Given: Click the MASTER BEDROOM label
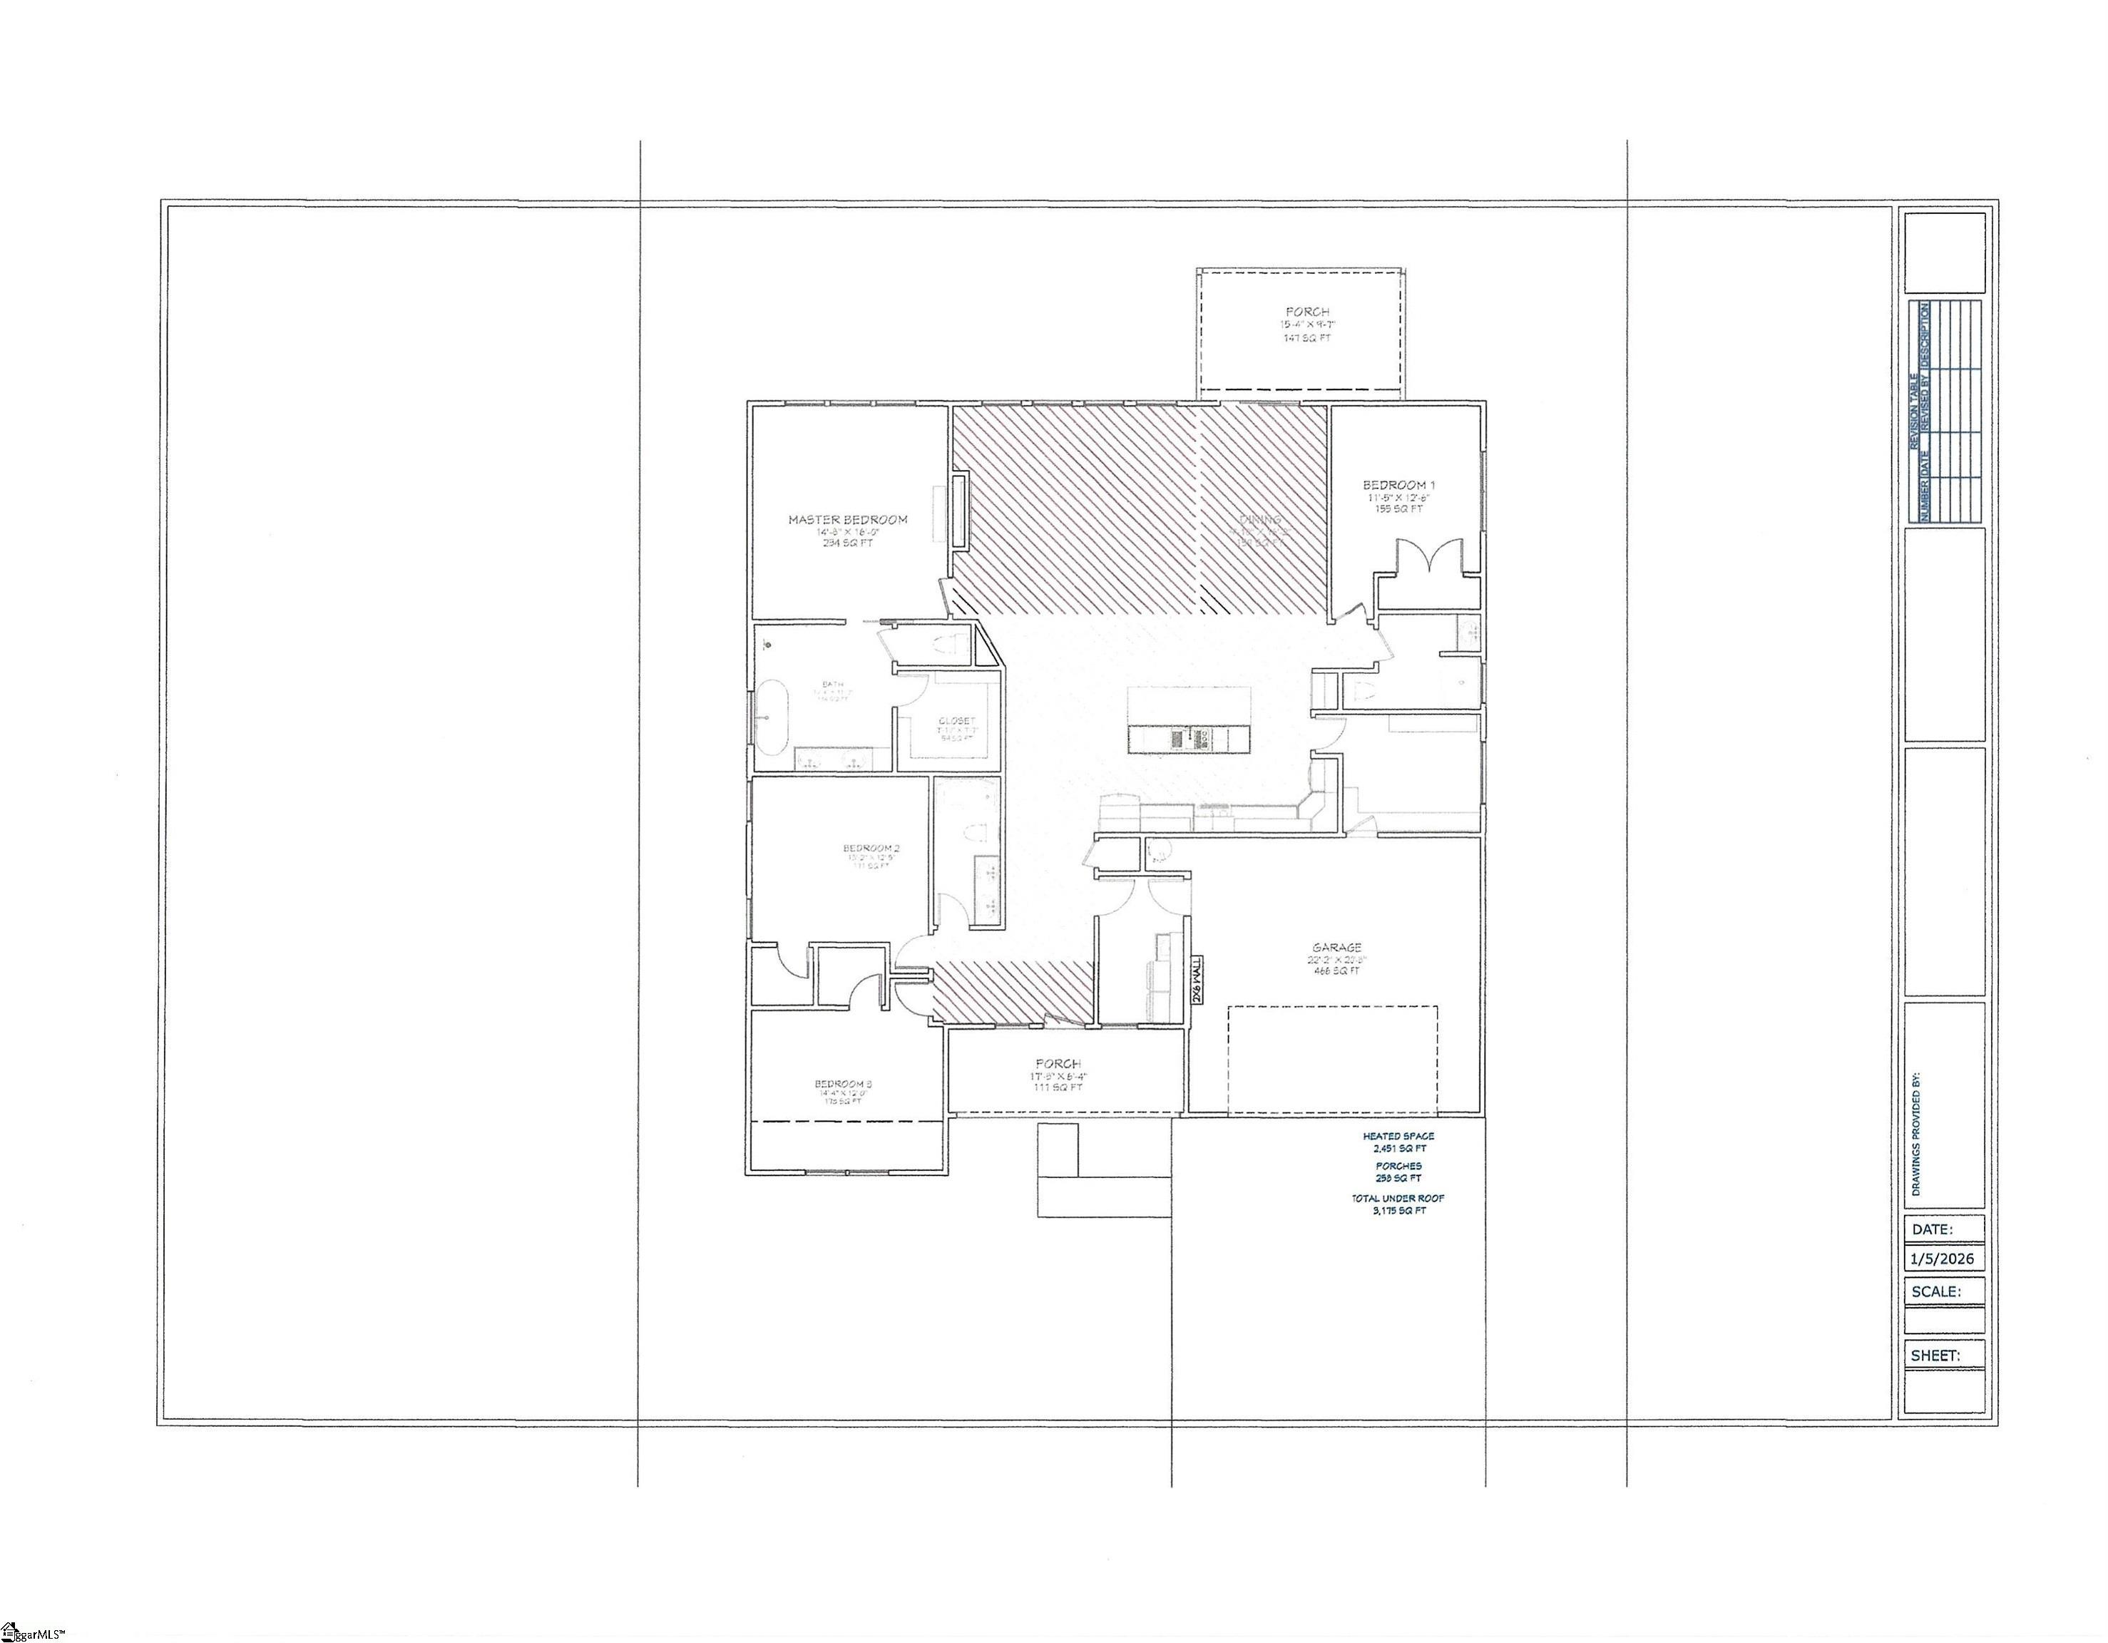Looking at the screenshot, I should [847, 519].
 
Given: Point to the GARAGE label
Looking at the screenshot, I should [1337, 948].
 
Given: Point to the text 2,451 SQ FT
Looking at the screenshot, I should [1398, 1149].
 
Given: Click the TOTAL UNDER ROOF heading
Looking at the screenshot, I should [1398, 1198].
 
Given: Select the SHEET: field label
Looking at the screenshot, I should [1935, 1356].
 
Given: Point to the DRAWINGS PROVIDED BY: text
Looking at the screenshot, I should [1916, 1133].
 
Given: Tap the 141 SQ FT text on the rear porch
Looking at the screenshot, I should [1307, 339].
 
